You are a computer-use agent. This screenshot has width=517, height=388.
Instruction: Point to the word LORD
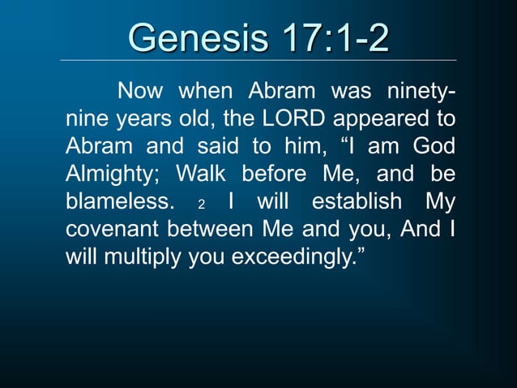[x=288, y=119]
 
